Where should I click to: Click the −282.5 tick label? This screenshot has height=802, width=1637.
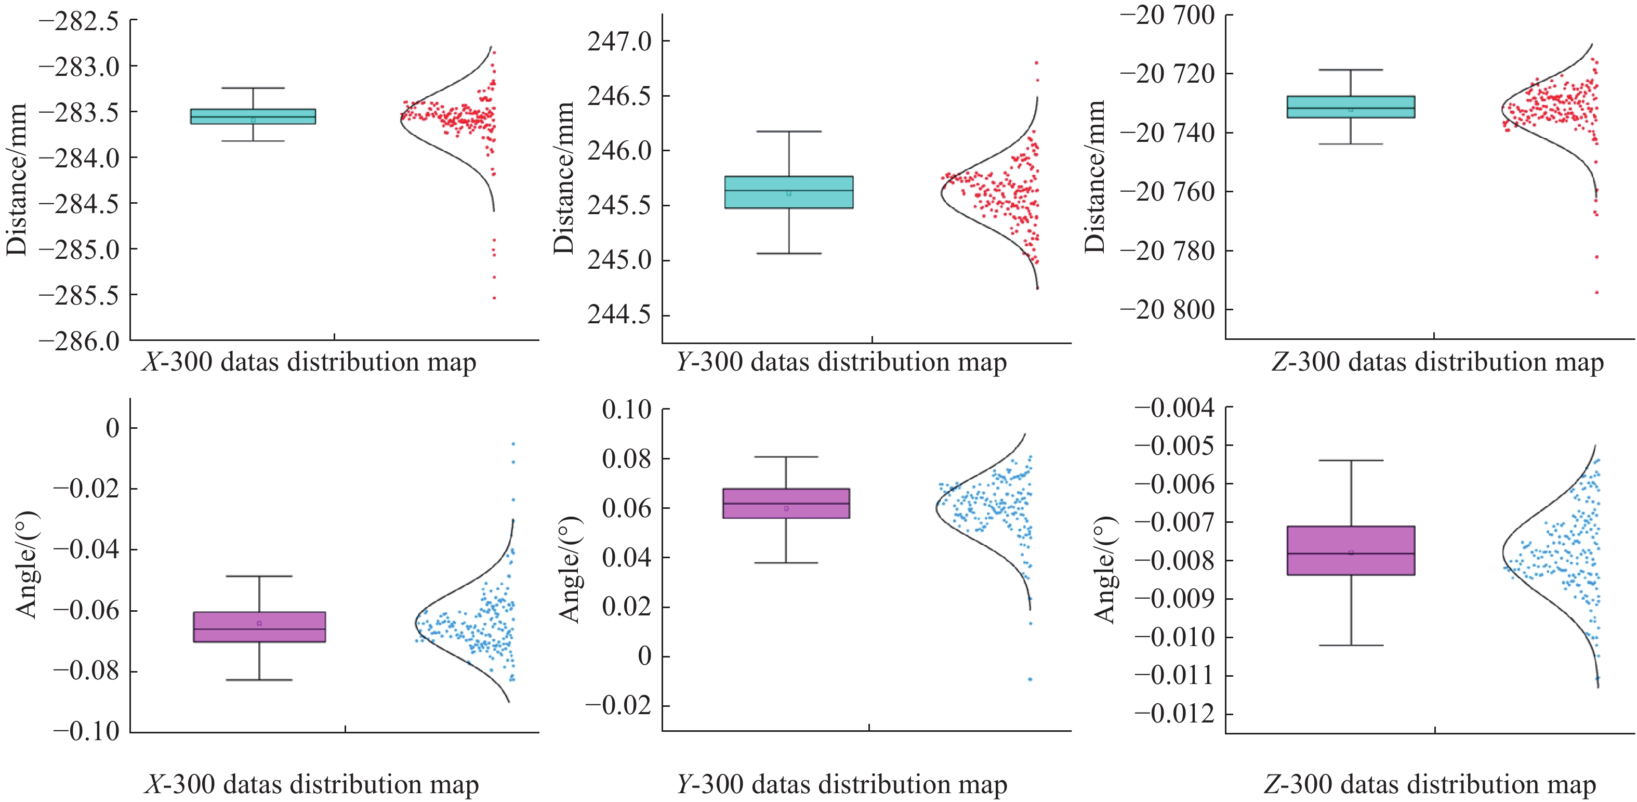click(x=79, y=22)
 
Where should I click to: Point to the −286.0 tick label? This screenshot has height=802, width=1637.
click(x=79, y=341)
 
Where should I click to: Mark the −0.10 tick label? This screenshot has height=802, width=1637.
click(x=86, y=731)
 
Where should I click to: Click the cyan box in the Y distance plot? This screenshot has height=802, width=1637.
click(x=789, y=192)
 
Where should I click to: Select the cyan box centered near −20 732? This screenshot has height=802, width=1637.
click(x=1351, y=107)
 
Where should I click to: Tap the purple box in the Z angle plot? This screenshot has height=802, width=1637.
click(x=1351, y=550)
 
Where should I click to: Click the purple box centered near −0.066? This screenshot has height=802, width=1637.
click(x=259, y=627)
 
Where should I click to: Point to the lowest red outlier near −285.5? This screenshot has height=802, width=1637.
click(x=494, y=297)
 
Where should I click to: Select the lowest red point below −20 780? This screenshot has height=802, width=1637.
click(x=1596, y=292)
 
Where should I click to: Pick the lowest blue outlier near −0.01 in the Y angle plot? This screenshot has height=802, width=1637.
click(x=1030, y=679)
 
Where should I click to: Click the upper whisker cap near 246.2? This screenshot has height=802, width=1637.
click(x=789, y=132)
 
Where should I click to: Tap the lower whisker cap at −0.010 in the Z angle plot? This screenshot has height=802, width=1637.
click(x=1351, y=645)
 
